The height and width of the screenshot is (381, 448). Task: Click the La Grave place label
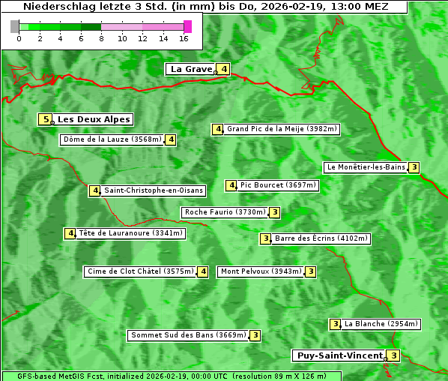(x=191, y=69)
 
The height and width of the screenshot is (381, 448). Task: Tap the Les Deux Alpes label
(x=94, y=119)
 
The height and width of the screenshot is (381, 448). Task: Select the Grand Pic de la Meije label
(x=282, y=129)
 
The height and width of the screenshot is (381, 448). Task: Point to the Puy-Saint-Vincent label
(x=339, y=355)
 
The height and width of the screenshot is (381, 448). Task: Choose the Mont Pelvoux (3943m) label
(x=261, y=271)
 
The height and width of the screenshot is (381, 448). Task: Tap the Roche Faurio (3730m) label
(x=225, y=212)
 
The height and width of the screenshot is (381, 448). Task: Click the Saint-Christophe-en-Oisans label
(x=153, y=190)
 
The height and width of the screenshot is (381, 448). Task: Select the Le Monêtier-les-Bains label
(x=365, y=167)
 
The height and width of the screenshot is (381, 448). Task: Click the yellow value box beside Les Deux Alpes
(x=46, y=119)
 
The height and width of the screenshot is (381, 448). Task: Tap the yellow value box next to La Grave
(x=223, y=69)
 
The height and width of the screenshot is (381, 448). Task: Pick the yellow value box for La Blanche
(x=335, y=324)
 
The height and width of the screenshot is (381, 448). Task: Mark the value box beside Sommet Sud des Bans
(x=255, y=335)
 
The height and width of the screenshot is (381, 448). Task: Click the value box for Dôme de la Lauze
(x=171, y=139)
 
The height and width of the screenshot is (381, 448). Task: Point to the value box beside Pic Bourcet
(x=231, y=185)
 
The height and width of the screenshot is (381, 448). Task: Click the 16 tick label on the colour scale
(x=184, y=38)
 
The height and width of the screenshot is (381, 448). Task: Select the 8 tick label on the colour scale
(x=101, y=38)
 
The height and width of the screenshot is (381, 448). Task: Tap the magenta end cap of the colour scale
(x=187, y=26)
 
